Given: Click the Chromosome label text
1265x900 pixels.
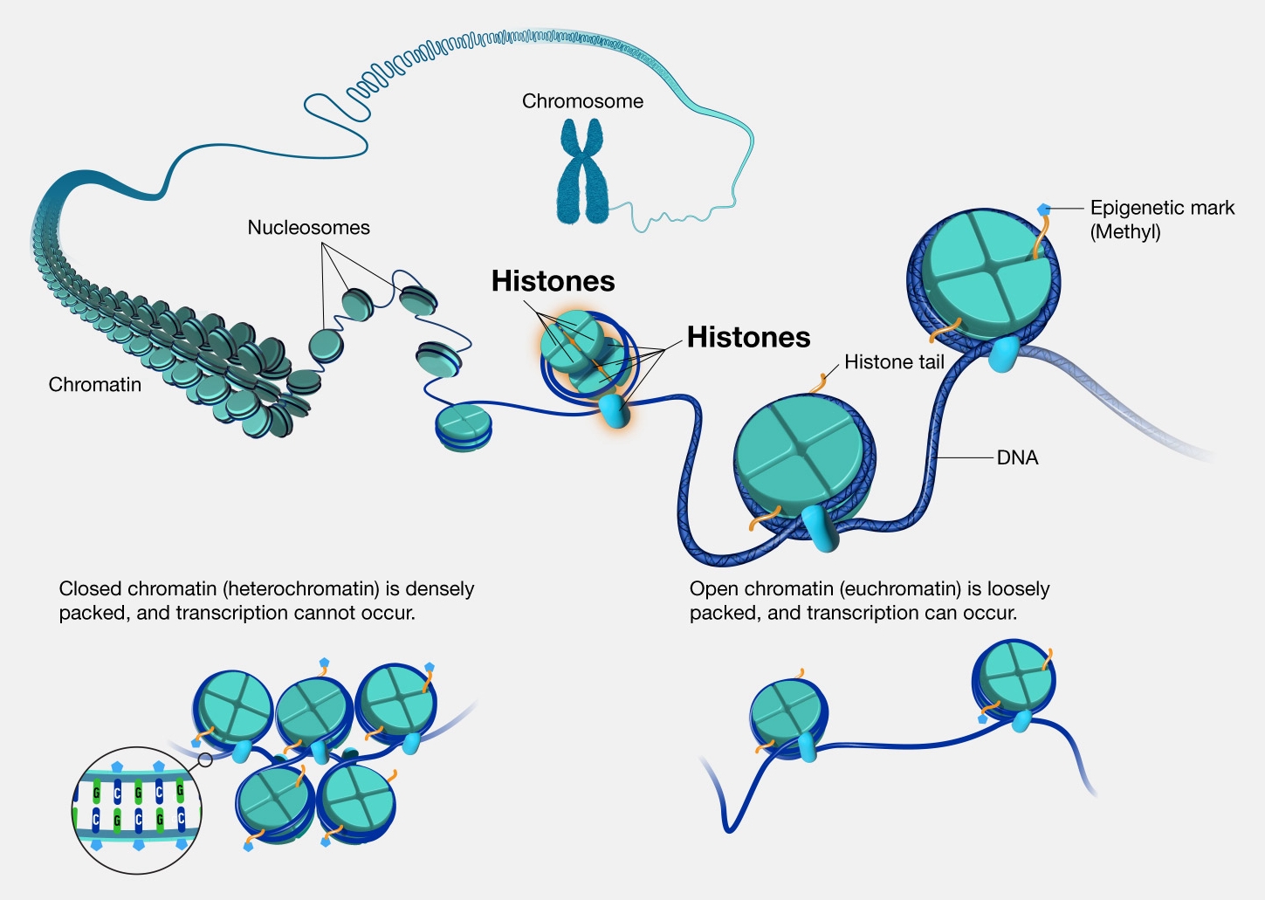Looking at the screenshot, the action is click(582, 101).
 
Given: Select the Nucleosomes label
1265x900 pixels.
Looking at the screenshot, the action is click(308, 228).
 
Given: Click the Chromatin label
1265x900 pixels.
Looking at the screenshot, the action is click(94, 385).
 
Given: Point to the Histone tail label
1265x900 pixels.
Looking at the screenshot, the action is click(894, 362).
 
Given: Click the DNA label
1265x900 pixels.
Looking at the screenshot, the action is click(1017, 457).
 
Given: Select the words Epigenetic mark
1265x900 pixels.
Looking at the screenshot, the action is click(1162, 208).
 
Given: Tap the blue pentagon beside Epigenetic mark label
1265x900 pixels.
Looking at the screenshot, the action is click(1043, 210).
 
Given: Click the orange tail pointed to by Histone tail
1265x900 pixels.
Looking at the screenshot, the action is click(821, 382).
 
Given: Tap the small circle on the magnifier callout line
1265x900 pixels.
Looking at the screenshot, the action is click(205, 759).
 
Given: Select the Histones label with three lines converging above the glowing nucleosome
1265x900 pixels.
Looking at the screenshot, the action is click(553, 281).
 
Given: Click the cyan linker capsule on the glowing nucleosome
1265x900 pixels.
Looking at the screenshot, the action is click(616, 411).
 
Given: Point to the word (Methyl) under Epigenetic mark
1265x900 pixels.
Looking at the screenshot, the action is click(1124, 232).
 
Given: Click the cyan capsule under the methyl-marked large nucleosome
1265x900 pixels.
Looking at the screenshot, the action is click(1002, 353).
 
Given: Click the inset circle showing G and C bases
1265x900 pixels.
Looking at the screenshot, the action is click(137, 809).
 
